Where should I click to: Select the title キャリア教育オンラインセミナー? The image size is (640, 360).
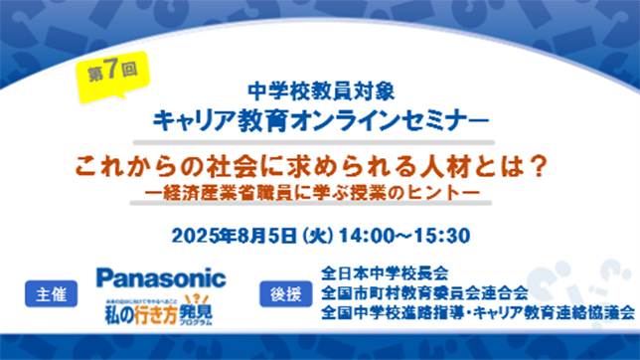tap(320, 120)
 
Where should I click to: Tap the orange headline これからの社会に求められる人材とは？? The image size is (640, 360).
tap(319, 163)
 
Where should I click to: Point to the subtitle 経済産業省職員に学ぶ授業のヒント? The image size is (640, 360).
tap(320, 188)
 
